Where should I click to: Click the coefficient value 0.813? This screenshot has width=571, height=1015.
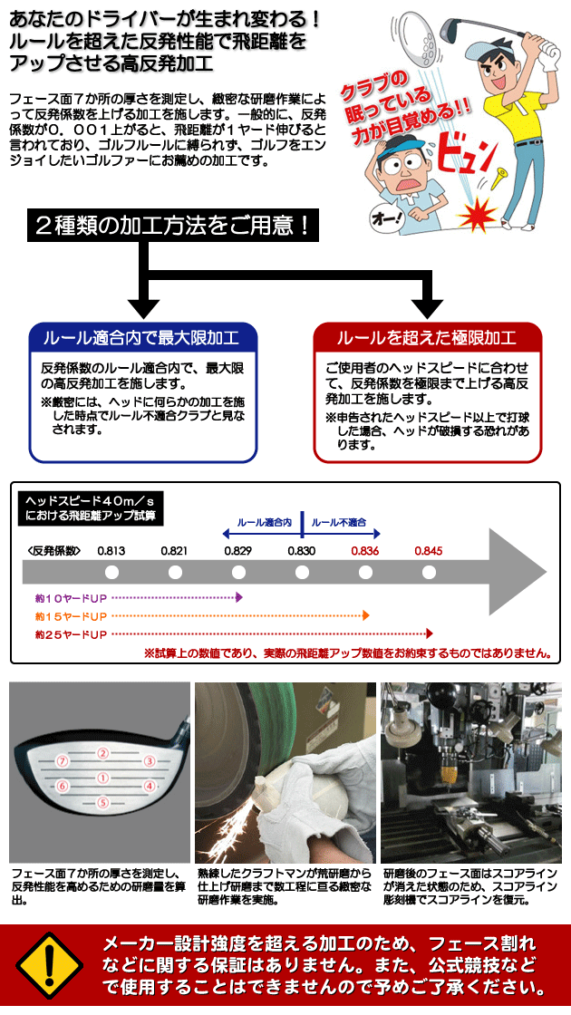(111, 552)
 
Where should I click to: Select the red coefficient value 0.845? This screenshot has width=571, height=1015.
(428, 552)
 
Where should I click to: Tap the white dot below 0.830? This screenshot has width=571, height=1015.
(303, 572)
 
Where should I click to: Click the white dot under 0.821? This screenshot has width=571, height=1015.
(176, 572)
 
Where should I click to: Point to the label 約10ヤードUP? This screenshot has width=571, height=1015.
(72, 597)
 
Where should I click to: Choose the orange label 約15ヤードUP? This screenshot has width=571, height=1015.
(72, 615)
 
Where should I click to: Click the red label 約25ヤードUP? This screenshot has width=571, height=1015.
(72, 633)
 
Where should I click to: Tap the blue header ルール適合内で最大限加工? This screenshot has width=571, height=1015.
(143, 338)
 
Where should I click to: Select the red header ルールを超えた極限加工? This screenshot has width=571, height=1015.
(427, 338)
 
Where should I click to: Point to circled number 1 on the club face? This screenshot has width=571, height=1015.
(102, 777)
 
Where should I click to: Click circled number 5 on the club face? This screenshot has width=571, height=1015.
(102, 803)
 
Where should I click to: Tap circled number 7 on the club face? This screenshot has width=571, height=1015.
(63, 760)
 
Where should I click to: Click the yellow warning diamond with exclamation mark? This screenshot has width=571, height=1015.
(50, 965)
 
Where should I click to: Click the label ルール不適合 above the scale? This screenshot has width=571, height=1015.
(339, 522)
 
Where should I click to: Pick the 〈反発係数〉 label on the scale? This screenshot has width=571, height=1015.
(54, 552)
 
